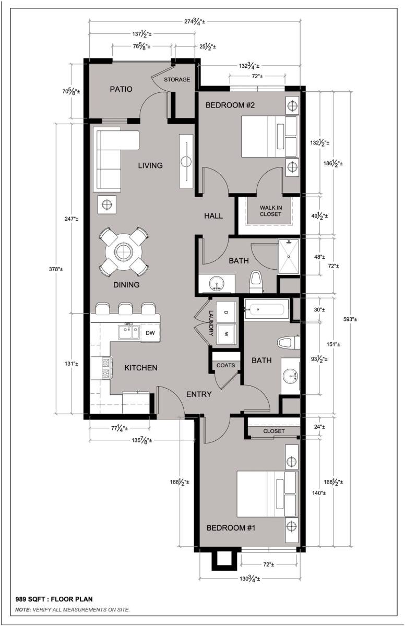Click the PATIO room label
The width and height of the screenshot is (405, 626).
(x=121, y=89)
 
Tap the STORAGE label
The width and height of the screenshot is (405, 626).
(x=177, y=80)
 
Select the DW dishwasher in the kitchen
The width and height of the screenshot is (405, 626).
(x=150, y=333)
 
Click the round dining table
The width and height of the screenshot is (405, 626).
(x=123, y=252)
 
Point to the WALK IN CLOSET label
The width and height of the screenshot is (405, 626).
(x=270, y=211)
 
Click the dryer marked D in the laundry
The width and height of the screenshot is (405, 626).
(x=227, y=312)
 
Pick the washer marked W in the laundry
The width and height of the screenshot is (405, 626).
(x=227, y=334)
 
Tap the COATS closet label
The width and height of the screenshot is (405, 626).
(x=225, y=365)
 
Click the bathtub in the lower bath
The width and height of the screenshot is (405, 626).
(x=267, y=309)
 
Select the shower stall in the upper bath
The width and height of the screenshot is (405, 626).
(x=289, y=256)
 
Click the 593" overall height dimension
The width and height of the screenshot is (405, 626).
(x=350, y=319)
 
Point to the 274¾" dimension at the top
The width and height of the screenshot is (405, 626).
(x=195, y=21)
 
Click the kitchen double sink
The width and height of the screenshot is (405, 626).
(x=128, y=332)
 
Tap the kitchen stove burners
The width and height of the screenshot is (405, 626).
(x=106, y=369)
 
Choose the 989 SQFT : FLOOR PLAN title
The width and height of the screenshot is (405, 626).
(x=54, y=599)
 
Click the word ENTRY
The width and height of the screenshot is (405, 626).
(x=199, y=394)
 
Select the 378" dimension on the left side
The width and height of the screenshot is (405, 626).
(x=56, y=269)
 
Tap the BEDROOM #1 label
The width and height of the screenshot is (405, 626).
(x=231, y=528)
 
